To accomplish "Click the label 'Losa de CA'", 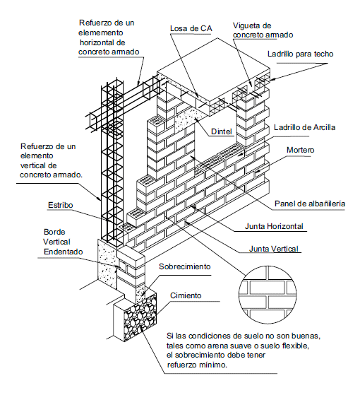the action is (191, 28).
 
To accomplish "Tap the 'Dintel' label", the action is (222, 131).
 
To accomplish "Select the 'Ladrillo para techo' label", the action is (301, 54).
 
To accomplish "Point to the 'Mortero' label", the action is (300, 150).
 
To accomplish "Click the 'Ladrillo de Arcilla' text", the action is (304, 127).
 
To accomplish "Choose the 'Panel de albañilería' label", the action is (310, 204).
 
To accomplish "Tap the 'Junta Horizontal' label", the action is (274, 226).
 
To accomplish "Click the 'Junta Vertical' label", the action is (273, 249).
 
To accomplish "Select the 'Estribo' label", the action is (61, 205).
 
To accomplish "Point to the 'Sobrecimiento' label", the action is (185, 266).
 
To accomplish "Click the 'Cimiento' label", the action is (186, 295).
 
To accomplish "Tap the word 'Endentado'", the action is (64, 252).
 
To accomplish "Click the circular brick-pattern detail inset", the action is (268, 295).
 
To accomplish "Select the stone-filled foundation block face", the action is (140, 317).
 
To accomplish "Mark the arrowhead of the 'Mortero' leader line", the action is (256, 172).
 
